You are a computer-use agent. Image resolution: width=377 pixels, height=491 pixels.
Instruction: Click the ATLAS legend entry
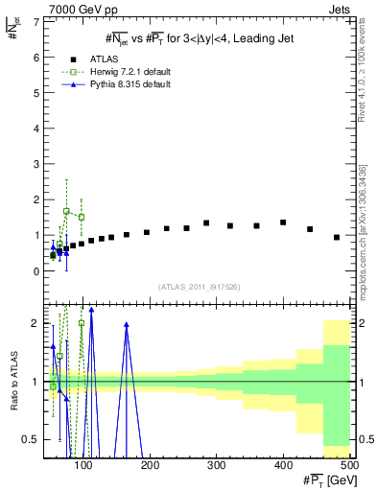(96, 59)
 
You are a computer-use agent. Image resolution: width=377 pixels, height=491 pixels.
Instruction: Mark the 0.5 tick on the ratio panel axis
(35, 439)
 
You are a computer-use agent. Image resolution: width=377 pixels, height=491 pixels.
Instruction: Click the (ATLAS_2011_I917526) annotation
(199, 287)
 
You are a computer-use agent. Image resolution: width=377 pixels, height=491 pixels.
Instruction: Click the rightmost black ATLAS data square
(337, 237)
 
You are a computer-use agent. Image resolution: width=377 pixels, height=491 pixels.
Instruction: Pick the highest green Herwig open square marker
(66, 211)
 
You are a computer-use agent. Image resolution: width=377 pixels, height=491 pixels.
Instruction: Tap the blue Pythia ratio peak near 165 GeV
(127, 325)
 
